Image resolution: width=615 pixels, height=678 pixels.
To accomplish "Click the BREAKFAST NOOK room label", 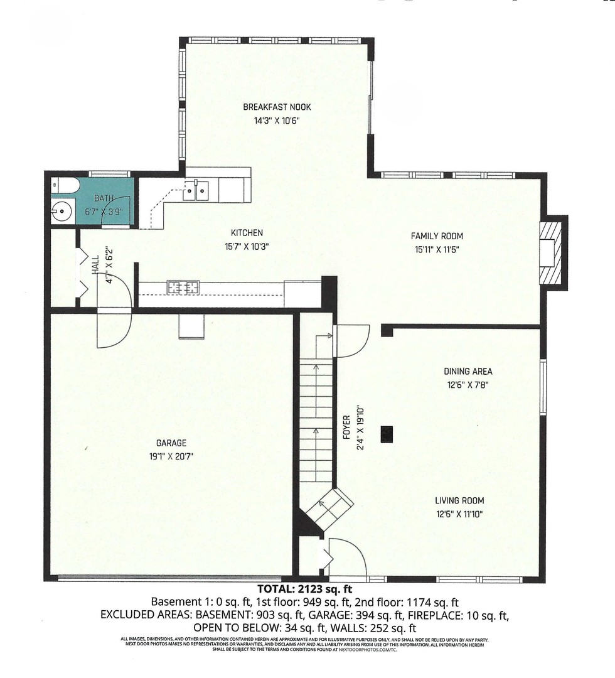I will pyautogui.click(x=277, y=107).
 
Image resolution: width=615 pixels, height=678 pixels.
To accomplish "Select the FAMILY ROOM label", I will pyautogui.click(x=437, y=236).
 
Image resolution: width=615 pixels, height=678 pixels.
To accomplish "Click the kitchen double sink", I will pyautogui.click(x=196, y=190).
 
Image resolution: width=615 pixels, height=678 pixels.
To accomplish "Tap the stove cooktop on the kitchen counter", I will pyautogui.click(x=183, y=288).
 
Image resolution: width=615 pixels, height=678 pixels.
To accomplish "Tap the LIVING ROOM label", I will pyautogui.click(x=459, y=501).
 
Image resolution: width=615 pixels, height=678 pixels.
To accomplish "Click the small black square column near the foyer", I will pyautogui.click(x=387, y=433).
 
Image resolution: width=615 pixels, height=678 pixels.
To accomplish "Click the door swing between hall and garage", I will pyautogui.click(x=113, y=314).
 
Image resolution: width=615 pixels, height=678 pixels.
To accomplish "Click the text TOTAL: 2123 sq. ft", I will pyautogui.click(x=305, y=589).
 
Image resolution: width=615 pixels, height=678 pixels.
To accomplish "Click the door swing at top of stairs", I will pyautogui.click(x=351, y=341).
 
